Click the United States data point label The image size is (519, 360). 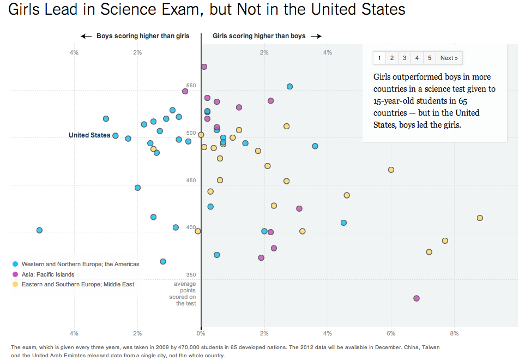click(89, 135)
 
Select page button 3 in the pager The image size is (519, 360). click(405, 58)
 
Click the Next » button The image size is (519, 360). click(449, 58)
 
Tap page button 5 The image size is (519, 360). click(430, 58)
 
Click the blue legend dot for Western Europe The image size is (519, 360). click(15, 264)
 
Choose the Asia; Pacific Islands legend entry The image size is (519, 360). click(48, 274)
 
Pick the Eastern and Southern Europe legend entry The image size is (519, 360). click(78, 284)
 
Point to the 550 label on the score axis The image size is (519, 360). click(191, 86)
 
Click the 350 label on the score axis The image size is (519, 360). click(191, 275)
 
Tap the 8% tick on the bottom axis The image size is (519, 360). click(454, 333)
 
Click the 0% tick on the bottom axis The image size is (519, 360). click(201, 333)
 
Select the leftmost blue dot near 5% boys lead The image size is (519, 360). click(39, 230)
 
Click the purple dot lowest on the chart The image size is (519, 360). click(417, 298)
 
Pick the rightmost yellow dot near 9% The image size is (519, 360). click(480, 218)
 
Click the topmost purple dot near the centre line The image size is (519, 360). click(204, 67)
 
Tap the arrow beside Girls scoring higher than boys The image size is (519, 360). click(316, 36)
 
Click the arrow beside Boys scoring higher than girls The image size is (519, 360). click(86, 36)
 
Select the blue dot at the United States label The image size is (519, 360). click(116, 135)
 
